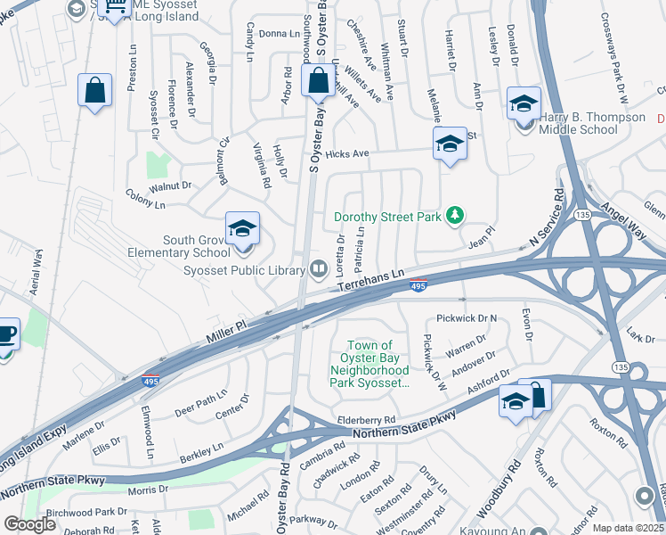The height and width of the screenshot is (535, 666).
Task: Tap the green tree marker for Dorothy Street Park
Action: (455, 215)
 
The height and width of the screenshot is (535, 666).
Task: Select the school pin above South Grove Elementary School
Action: (241, 229)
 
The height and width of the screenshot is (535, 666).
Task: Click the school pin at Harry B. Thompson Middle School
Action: (524, 103)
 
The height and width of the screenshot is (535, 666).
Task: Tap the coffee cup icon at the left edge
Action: (7, 335)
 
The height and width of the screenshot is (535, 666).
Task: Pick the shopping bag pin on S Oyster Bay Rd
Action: (318, 82)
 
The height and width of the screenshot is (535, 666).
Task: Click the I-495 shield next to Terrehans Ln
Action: (419, 284)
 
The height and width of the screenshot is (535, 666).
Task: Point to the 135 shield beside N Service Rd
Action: (583, 215)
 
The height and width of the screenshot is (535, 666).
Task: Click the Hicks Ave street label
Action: (347, 154)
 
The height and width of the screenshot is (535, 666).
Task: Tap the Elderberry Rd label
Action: (366, 420)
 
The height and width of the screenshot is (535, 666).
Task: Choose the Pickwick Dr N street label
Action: (467, 318)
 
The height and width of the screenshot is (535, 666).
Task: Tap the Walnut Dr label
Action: (171, 186)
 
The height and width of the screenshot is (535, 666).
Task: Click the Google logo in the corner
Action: (29, 524)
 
